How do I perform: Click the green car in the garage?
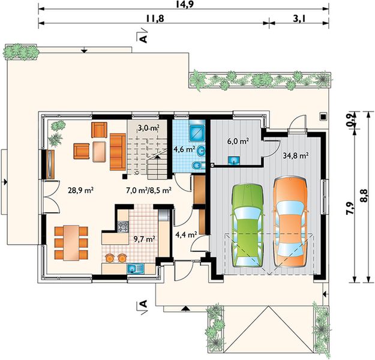247,226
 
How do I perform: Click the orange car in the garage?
290,222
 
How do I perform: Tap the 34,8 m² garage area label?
295,156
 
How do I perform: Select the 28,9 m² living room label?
80,190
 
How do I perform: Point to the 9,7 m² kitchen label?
145,239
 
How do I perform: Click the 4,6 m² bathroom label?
184,149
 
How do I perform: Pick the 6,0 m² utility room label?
238,141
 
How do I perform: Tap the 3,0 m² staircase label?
148,128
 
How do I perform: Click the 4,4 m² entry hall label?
186,235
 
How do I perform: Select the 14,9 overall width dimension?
184,4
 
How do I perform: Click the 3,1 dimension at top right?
299,19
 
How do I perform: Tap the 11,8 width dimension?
155,19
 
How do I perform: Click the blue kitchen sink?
136,269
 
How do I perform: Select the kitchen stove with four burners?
123,227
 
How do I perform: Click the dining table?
71,243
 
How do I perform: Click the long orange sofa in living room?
118,152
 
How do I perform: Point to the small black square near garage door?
323,116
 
